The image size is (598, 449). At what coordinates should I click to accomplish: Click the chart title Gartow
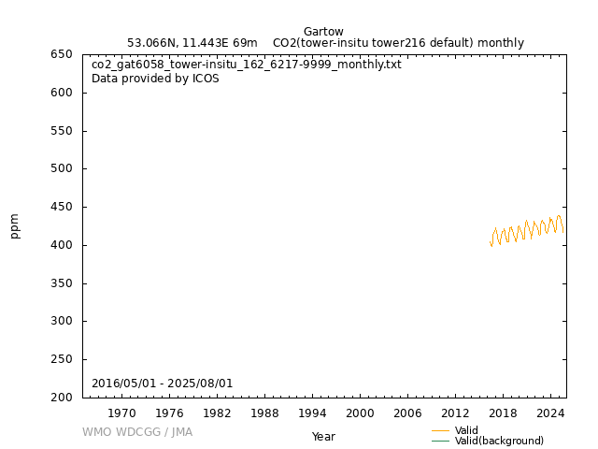[x=323, y=31]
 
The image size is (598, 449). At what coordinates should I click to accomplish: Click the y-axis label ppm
[x=15, y=226]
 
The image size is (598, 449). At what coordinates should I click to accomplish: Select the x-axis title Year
[x=323, y=437]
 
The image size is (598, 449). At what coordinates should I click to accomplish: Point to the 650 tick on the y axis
[x=62, y=54]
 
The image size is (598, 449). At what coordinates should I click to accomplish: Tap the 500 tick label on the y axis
[x=62, y=169]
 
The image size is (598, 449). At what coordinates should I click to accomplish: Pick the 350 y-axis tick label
[x=62, y=283]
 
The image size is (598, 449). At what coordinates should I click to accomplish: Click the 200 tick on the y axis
[x=62, y=398]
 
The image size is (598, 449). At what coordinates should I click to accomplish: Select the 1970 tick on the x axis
[x=121, y=413]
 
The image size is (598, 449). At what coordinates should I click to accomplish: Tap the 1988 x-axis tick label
[x=264, y=413]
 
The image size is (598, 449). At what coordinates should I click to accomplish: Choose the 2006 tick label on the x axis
[x=407, y=413]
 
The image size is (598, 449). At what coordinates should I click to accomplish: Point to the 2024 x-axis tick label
[x=550, y=413]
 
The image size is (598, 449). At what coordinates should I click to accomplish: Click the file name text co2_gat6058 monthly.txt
[x=247, y=65]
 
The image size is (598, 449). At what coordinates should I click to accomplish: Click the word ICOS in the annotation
[x=205, y=79]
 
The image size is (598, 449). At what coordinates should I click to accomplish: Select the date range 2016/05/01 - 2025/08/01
[x=162, y=384]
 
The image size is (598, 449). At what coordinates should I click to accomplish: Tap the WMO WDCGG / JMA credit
[x=137, y=432]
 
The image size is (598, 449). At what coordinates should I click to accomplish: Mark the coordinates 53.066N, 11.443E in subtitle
[x=192, y=43]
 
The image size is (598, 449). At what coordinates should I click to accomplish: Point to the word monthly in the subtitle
[x=504, y=43]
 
